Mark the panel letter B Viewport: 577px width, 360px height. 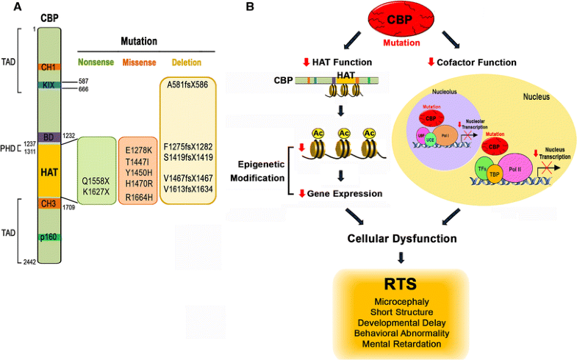click(250, 7)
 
